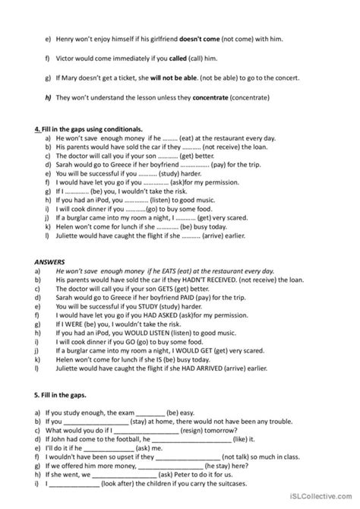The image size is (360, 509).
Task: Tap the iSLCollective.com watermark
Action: (x=323, y=499)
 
